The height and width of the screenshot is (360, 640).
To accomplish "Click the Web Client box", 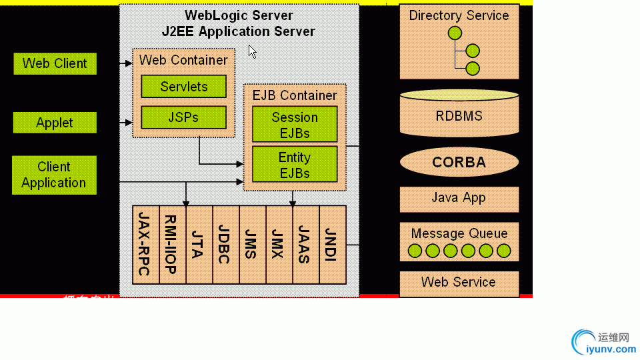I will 55,64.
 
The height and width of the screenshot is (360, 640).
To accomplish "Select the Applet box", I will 55,123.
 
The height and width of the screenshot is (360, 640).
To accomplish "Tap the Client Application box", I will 54,175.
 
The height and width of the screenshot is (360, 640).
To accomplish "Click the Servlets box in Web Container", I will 183,87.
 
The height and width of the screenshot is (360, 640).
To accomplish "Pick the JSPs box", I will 183,117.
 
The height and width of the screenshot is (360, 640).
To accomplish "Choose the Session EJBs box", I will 295,125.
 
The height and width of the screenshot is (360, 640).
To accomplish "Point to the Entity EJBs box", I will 295,165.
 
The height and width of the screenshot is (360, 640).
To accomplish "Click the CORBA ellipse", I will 459,162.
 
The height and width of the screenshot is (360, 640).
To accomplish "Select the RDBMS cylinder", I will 459,115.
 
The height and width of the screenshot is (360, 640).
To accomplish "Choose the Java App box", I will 459,199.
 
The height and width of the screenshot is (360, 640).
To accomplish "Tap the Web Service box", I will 459,283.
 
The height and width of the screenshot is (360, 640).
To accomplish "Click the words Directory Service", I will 459,15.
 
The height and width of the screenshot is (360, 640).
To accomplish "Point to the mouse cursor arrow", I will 252,51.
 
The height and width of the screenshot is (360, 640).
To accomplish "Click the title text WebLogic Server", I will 239,15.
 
